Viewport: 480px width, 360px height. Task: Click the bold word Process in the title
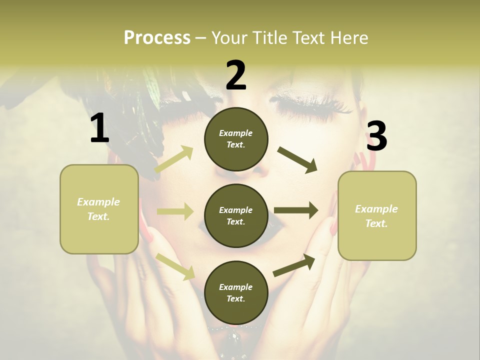click(157, 37)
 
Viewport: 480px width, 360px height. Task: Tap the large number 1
click(99, 128)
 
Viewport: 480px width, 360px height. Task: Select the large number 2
click(236, 75)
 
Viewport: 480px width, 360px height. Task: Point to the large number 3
click(376, 136)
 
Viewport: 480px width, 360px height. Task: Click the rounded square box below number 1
click(99, 209)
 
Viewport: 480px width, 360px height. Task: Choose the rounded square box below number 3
click(377, 215)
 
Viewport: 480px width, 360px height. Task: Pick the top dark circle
click(236, 139)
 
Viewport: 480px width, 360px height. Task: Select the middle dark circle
click(236, 215)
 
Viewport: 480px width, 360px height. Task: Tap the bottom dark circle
click(236, 292)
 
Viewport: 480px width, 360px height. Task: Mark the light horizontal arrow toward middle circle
click(175, 211)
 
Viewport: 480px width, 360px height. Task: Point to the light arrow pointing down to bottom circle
click(175, 266)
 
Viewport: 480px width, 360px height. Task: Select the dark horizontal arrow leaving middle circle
click(296, 210)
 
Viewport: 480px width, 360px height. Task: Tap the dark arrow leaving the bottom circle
click(294, 265)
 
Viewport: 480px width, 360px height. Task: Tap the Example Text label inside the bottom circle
click(236, 292)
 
